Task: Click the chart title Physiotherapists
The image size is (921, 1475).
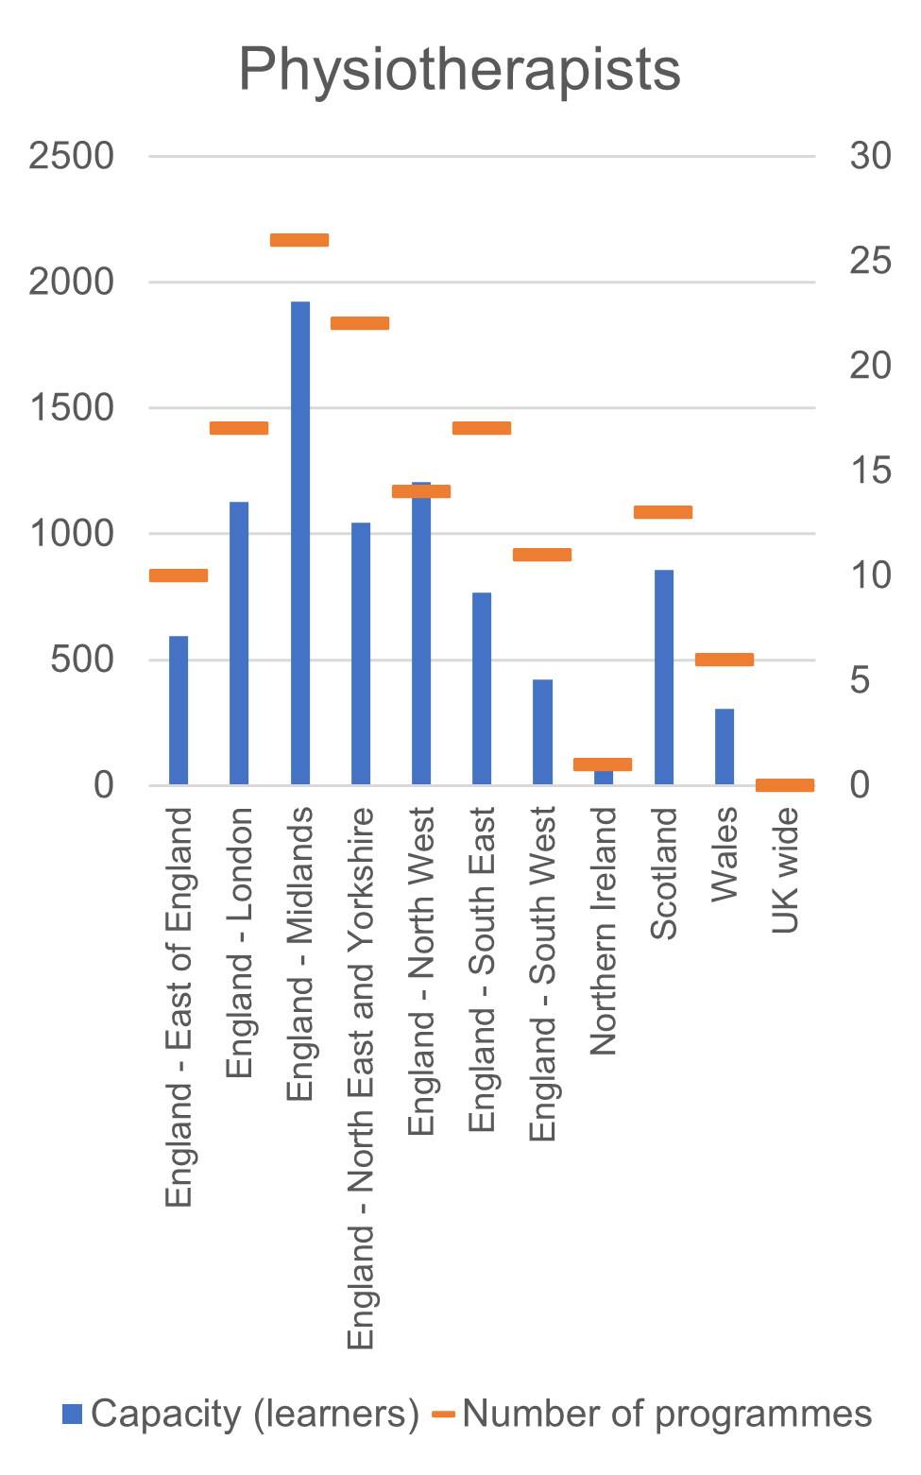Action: pyautogui.click(x=459, y=69)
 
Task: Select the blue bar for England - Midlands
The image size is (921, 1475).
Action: pyautogui.click(x=300, y=542)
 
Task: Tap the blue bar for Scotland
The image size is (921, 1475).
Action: pyautogui.click(x=664, y=677)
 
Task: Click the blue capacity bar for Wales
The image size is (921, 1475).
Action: pyautogui.click(x=725, y=746)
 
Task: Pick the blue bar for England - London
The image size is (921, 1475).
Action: pyautogui.click(x=239, y=643)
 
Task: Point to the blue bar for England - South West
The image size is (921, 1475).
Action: pyautogui.click(x=542, y=731)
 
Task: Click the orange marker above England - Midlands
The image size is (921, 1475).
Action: pyautogui.click(x=299, y=240)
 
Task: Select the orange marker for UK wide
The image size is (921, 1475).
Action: pyautogui.click(x=785, y=785)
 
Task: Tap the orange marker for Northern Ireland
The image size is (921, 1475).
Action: pyautogui.click(x=603, y=764)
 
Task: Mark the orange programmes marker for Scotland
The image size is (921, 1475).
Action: pyautogui.click(x=663, y=512)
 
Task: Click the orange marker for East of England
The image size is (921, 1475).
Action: pyautogui.click(x=179, y=575)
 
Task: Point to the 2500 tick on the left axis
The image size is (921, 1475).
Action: pyautogui.click(x=71, y=156)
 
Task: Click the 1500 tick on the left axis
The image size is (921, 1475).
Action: pyautogui.click(x=71, y=408)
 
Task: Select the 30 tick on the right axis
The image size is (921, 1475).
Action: pyautogui.click(x=870, y=156)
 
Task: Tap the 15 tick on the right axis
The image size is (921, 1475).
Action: pyautogui.click(x=870, y=470)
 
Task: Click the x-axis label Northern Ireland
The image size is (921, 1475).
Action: pyautogui.click(x=603, y=931)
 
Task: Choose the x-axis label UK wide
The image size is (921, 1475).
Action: pyautogui.click(x=785, y=870)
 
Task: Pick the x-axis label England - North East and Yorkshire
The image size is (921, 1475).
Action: pyautogui.click(x=361, y=1077)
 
